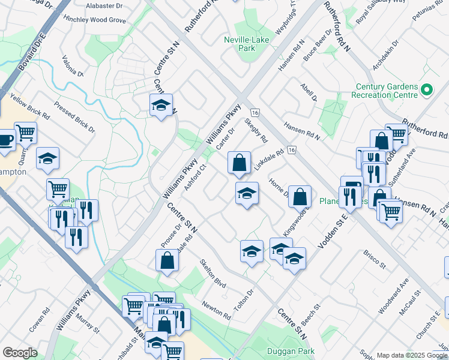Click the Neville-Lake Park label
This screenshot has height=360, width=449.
pos(253,42)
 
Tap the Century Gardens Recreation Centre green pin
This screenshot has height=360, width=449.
pos(427,90)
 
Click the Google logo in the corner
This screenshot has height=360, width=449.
pos(20,352)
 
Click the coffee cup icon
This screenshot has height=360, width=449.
pos(5,140)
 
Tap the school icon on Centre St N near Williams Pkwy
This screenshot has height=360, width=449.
pos(161,106)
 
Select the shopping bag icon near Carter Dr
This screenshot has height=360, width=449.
pos(239,163)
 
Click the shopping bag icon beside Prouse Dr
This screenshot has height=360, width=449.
pos(167,261)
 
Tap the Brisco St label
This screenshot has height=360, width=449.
pos(373,260)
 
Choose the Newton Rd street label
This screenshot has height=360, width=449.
pos(216,310)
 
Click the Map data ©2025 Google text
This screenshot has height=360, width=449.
pos(412,355)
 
